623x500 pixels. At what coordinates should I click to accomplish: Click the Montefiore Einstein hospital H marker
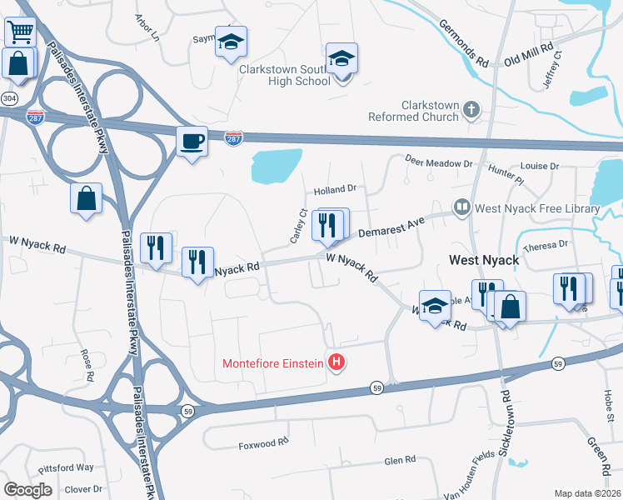point(336,362)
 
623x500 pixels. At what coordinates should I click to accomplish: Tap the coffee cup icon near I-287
point(192,140)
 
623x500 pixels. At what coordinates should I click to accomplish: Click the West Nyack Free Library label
point(536,207)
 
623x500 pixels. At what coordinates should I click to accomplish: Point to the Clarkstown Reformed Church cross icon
point(471,109)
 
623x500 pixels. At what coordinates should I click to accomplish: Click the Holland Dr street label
point(334,188)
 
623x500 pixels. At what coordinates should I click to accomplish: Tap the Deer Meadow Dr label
point(438,160)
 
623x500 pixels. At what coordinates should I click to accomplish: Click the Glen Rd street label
point(399,459)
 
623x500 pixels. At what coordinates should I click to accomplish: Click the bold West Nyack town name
point(485,260)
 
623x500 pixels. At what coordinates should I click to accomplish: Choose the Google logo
point(27,489)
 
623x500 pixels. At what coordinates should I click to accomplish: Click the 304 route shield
point(9,98)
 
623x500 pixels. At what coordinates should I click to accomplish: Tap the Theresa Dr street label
point(546,245)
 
